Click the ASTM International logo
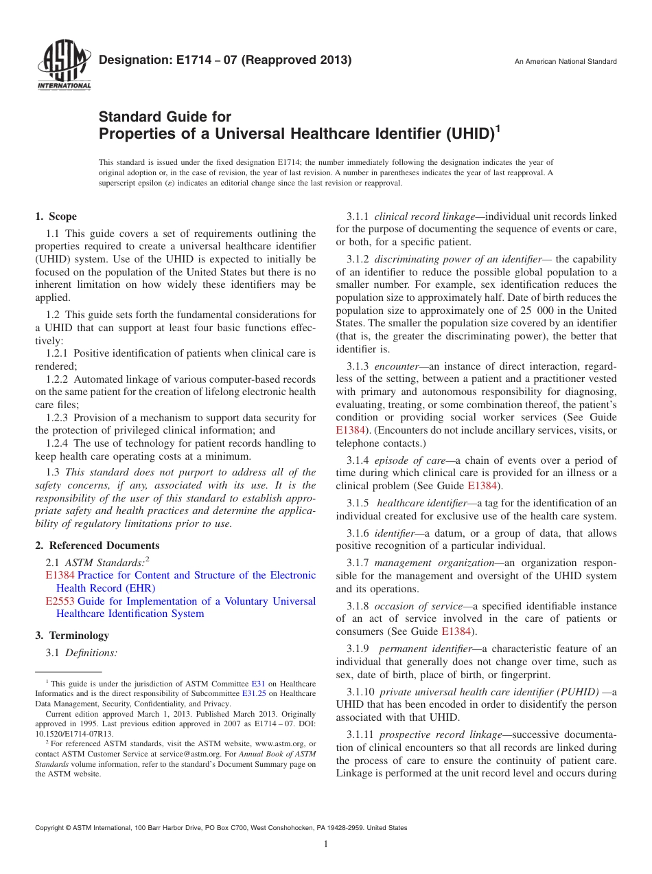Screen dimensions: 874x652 pos(64,66)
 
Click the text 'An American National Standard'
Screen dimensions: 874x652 pos(566,62)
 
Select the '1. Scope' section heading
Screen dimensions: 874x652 pos(56,216)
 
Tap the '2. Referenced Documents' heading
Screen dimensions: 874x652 pos(97,546)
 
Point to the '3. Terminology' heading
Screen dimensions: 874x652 pos(72,636)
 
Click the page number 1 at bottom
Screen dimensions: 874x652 pos(326,844)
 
